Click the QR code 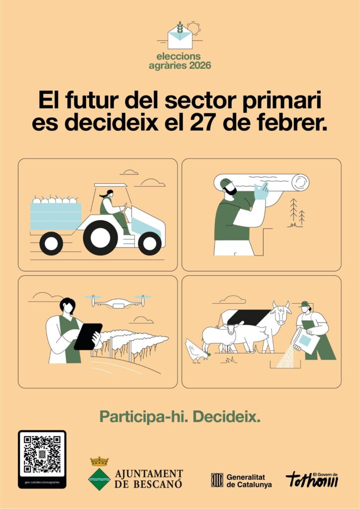[x=42, y=454]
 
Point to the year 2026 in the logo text [x=200, y=65]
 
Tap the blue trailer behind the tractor [x=56, y=216]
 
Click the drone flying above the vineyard [x=118, y=301]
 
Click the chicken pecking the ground [x=196, y=351]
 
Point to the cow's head [x=281, y=312]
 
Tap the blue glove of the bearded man [x=262, y=191]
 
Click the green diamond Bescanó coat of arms [x=99, y=479]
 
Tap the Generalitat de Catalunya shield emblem [x=217, y=480]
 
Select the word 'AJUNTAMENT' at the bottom [x=149, y=474]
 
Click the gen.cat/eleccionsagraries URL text [x=42, y=482]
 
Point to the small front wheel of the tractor [x=150, y=244]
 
